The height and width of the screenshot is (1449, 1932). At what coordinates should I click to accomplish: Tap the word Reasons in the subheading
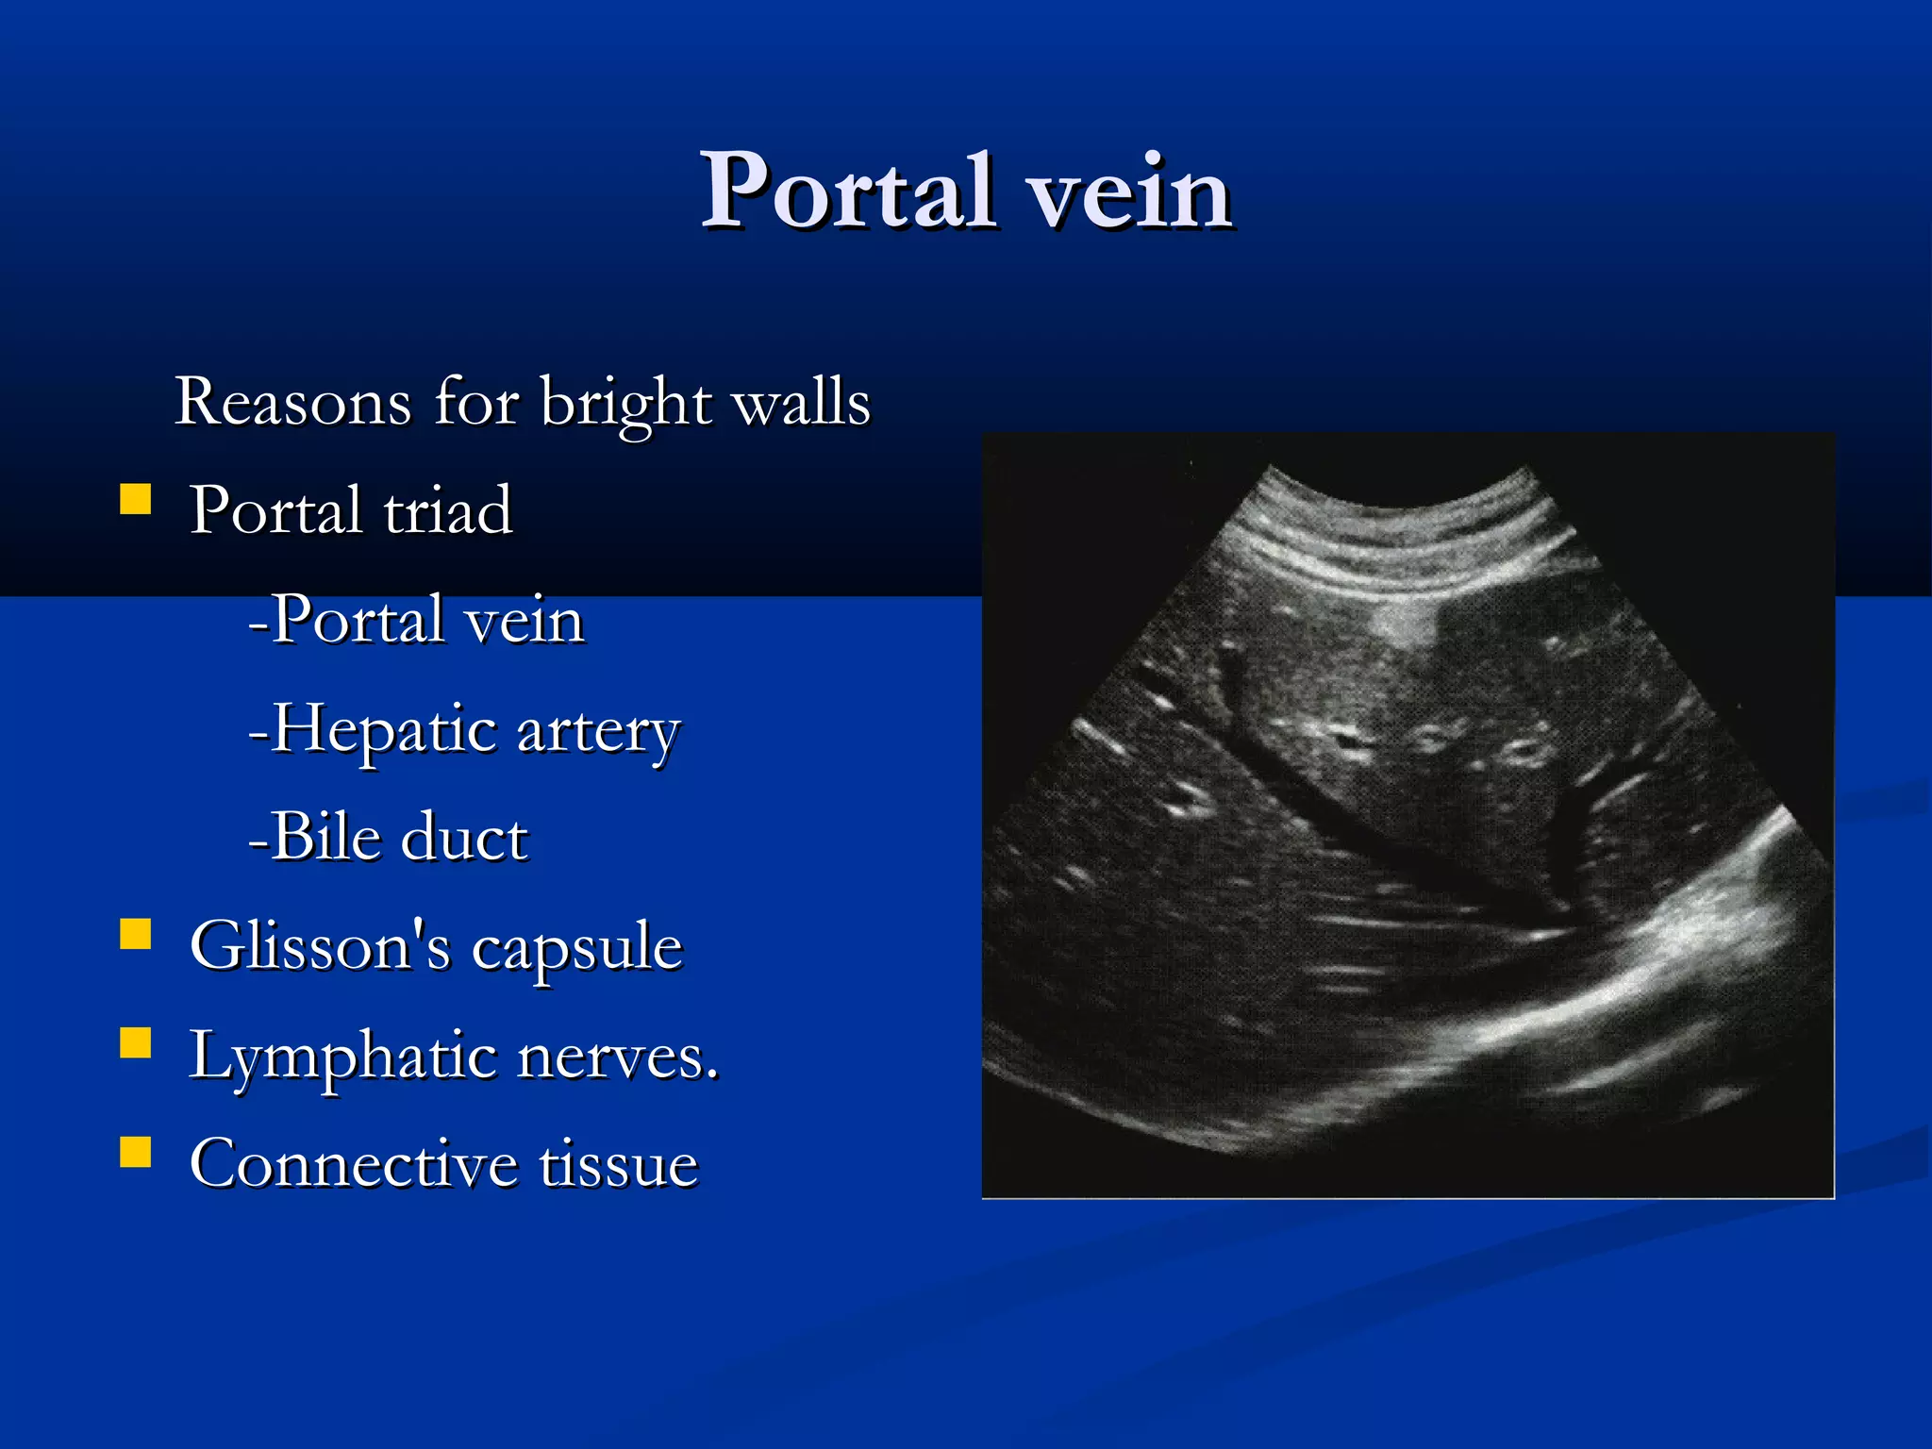pos(293,403)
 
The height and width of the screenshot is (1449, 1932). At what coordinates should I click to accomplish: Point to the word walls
pos(802,403)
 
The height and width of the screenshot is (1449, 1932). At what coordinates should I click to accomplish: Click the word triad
pos(448,510)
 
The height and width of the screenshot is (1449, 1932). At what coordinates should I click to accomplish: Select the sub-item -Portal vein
pos(416,620)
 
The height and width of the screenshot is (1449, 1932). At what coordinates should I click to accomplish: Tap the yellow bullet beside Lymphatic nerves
pos(136,1042)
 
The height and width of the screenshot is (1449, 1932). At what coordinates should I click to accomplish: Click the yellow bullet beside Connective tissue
pos(136,1151)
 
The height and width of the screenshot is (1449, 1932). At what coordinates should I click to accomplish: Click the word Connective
pos(352,1163)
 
